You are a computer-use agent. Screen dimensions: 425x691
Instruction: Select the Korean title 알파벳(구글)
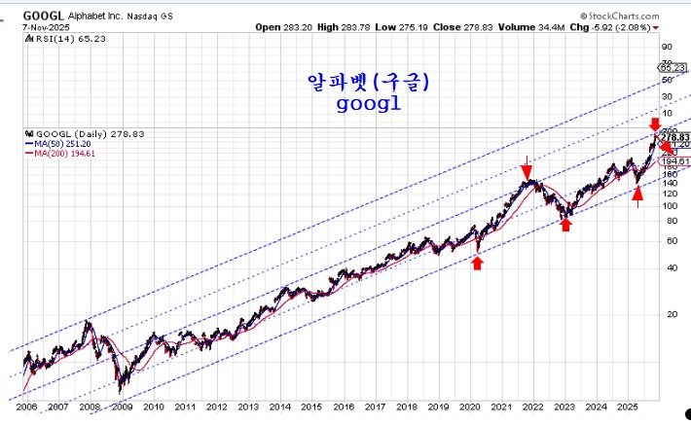(x=368, y=84)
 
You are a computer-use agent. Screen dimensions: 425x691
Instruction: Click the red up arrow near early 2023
(x=565, y=224)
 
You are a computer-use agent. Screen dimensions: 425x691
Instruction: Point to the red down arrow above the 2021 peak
(x=527, y=165)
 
